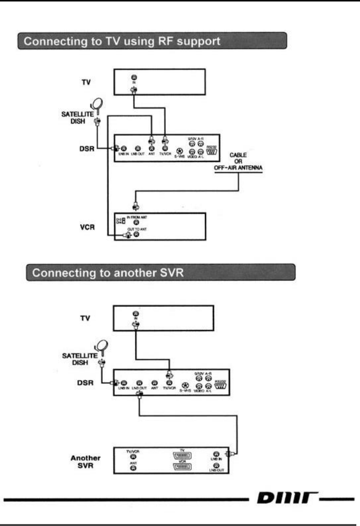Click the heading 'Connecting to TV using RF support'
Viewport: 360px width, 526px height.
click(x=122, y=41)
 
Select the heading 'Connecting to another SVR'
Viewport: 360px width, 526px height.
click(x=108, y=273)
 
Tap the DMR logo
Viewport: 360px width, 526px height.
click(x=287, y=498)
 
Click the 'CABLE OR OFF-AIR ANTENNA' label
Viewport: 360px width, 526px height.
click(x=238, y=162)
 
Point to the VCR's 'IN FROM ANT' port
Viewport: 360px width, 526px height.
click(x=136, y=222)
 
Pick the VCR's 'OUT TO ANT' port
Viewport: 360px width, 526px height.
click(x=136, y=234)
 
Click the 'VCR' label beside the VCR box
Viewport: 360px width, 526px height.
click(x=87, y=227)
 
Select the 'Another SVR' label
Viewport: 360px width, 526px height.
click(x=85, y=461)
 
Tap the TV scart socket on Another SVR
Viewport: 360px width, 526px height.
click(x=182, y=456)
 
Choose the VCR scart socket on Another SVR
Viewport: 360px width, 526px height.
click(x=182, y=467)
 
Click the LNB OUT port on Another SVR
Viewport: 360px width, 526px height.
click(x=217, y=465)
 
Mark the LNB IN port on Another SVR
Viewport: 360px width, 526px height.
click(x=217, y=454)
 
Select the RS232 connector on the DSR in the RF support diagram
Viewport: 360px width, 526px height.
click(x=211, y=151)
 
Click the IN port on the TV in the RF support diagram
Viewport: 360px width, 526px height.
click(x=134, y=78)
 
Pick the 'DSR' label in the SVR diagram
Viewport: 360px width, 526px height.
click(x=85, y=383)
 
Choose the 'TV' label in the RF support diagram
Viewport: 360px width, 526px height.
click(x=86, y=82)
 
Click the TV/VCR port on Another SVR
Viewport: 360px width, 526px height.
click(x=133, y=457)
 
